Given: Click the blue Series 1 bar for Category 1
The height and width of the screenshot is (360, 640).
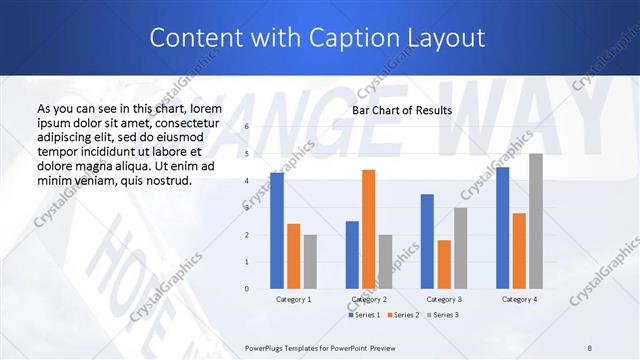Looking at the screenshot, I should coord(277,231).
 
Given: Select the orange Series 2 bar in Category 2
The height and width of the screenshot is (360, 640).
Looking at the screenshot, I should coord(368,229).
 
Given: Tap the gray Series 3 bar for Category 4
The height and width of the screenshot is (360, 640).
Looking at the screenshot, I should coord(536,221).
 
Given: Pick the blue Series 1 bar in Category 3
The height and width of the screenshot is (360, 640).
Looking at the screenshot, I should coord(427,241).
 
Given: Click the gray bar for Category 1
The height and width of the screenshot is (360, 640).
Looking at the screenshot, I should coord(310,262).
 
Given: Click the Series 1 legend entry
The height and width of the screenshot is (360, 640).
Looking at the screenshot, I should coord(364,315).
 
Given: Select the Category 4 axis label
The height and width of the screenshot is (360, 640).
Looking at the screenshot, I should coord(519,299).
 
